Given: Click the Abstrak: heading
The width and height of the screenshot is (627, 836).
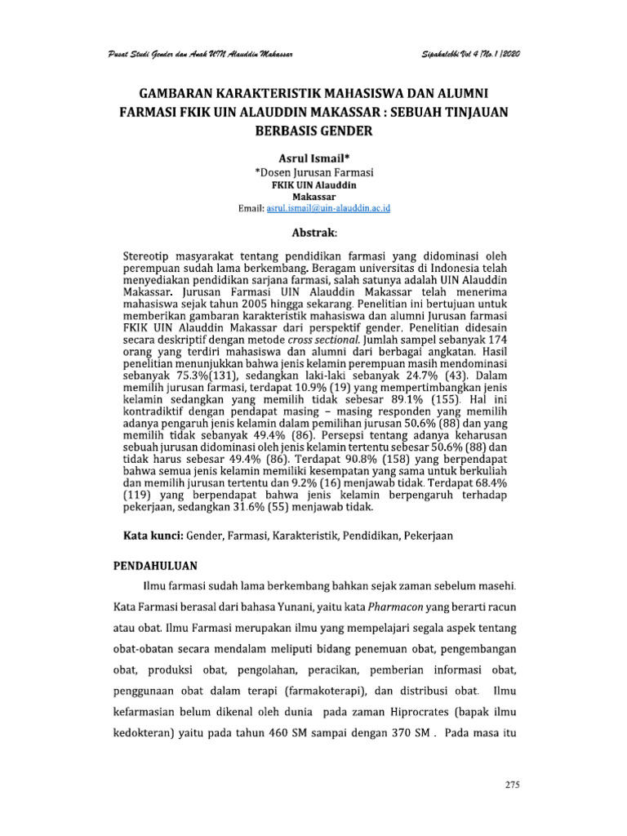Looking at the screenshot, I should pos(313,232).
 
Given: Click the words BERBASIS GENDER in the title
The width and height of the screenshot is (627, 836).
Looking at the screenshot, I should pos(313,130).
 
